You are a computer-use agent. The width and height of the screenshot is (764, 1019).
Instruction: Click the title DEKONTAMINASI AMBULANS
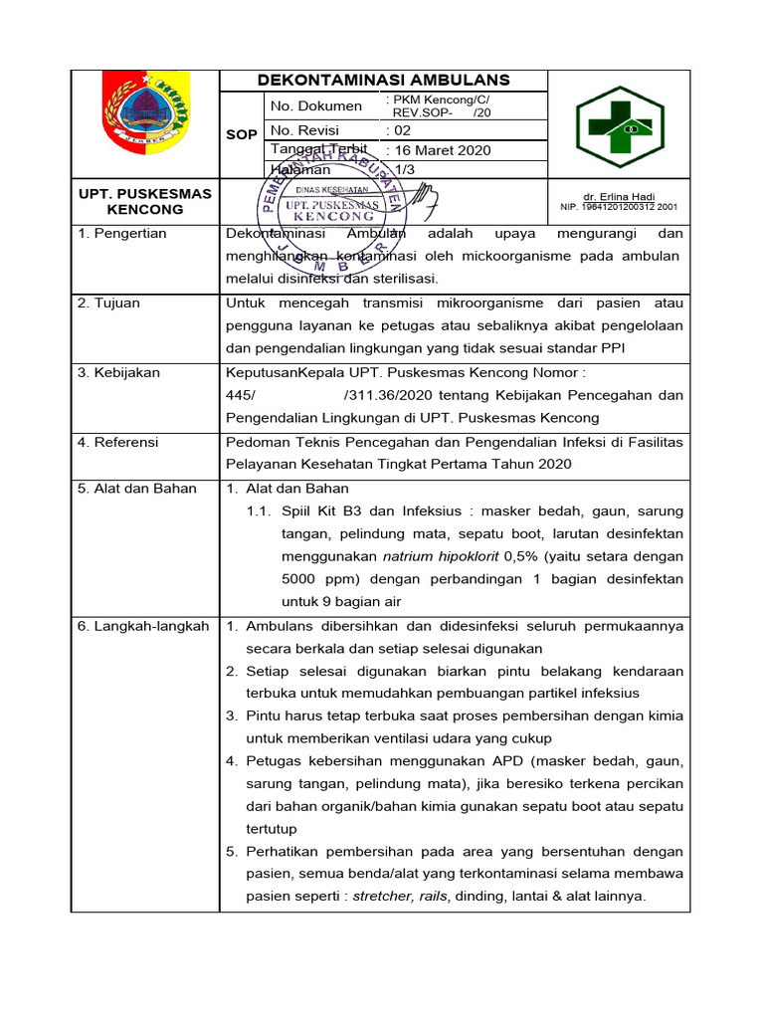[383, 81]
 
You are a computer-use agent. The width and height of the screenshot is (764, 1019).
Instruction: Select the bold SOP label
[242, 133]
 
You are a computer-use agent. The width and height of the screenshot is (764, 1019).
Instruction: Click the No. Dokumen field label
[316, 105]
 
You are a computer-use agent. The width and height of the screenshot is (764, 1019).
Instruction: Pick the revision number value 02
[399, 130]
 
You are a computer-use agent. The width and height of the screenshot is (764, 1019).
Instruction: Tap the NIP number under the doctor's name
[618, 208]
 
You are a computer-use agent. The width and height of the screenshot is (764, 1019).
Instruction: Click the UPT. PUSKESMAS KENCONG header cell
[145, 202]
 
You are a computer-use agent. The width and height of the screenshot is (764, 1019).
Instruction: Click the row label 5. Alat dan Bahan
[137, 489]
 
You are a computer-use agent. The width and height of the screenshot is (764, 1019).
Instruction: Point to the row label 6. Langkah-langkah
[143, 626]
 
